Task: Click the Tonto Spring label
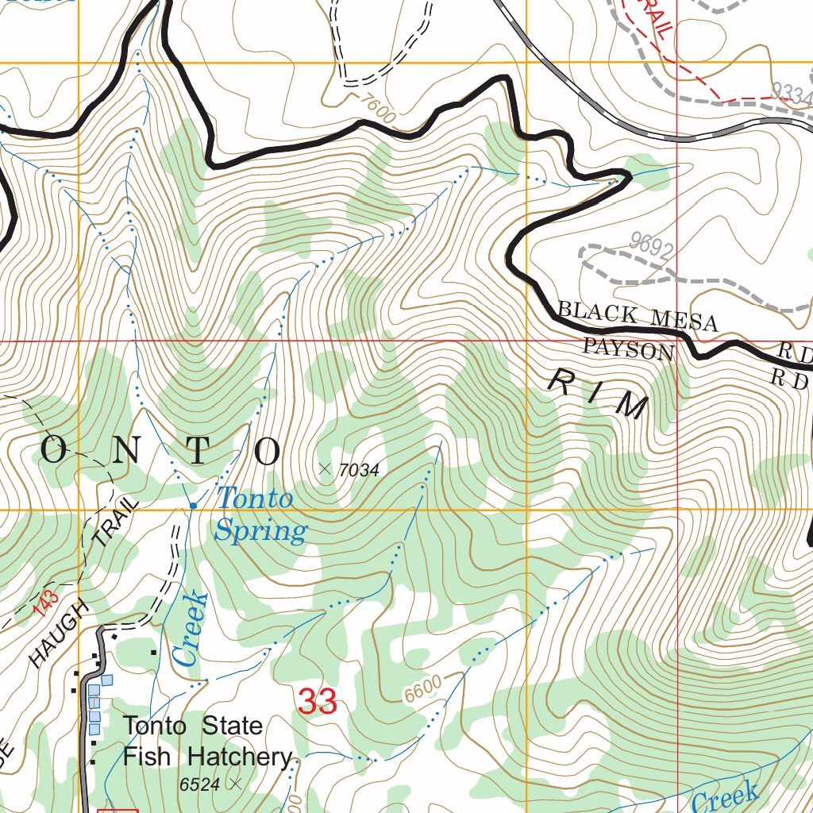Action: (x=257, y=514)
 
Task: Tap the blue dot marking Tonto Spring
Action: (x=193, y=505)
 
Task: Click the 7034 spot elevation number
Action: (x=357, y=470)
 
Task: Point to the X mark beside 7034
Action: (x=324, y=468)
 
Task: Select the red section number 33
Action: (x=318, y=702)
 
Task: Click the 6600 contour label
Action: (x=422, y=692)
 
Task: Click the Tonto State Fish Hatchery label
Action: (x=206, y=741)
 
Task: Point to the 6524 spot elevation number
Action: (x=199, y=784)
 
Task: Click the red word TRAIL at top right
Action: (x=650, y=18)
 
